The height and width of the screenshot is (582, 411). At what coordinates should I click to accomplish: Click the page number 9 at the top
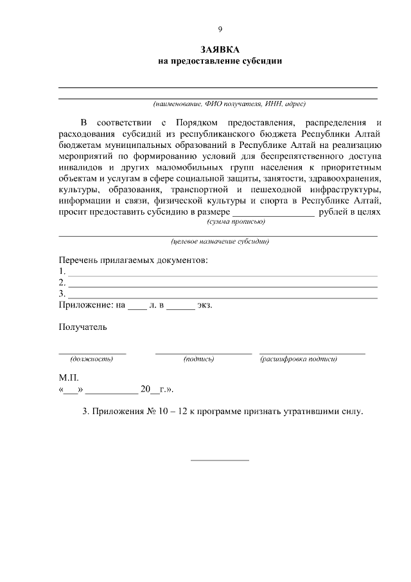(220, 30)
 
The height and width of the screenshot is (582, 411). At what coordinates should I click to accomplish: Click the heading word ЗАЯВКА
(220, 50)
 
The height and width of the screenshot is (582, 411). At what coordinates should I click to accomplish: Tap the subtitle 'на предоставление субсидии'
(220, 61)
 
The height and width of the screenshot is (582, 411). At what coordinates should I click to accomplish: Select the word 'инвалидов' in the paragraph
(79, 168)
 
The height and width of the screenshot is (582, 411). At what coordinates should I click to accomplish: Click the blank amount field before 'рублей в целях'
(273, 213)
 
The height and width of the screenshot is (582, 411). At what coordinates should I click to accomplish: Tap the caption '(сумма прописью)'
(235, 221)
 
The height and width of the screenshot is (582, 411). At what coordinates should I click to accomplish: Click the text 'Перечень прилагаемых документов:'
(134, 260)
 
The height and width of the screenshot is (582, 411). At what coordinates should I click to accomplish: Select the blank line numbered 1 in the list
(222, 273)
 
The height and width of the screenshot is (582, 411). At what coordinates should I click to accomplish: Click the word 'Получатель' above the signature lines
(83, 327)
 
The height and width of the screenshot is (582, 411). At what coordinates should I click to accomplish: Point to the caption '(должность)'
(92, 359)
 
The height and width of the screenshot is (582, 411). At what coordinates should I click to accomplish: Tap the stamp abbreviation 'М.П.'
(69, 378)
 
